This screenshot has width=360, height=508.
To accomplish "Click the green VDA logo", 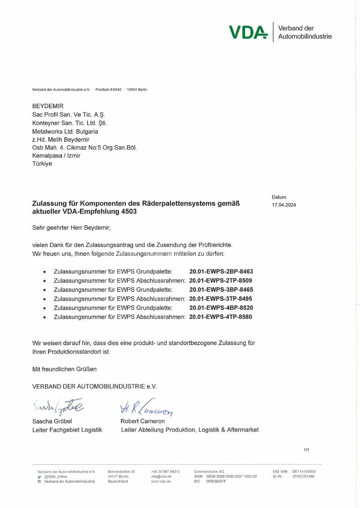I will click(x=249, y=32).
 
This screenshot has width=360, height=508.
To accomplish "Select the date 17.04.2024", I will click(x=284, y=205).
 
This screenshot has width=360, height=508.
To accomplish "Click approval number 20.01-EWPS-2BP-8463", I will click(x=221, y=272).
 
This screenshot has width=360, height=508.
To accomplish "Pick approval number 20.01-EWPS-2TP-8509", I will click(x=221, y=281).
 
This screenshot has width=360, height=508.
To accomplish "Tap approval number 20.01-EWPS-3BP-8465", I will click(x=221, y=290).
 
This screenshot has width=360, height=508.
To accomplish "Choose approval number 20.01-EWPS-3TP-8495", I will click(x=221, y=298).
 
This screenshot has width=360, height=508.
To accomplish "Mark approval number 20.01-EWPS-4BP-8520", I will click(x=221, y=308).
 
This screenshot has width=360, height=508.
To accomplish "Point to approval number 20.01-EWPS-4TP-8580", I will click(x=221, y=317).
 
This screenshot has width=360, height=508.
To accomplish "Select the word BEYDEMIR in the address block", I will click(x=48, y=106).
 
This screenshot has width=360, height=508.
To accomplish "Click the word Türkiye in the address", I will click(x=42, y=163).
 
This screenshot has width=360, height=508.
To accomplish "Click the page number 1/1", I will click(x=306, y=450).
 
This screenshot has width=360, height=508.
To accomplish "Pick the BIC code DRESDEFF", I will click(x=216, y=481).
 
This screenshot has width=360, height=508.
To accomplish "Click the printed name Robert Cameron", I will click(x=143, y=421).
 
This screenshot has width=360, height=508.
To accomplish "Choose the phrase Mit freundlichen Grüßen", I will click(x=64, y=369).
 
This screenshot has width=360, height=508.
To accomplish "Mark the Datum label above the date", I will click(x=279, y=197).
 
